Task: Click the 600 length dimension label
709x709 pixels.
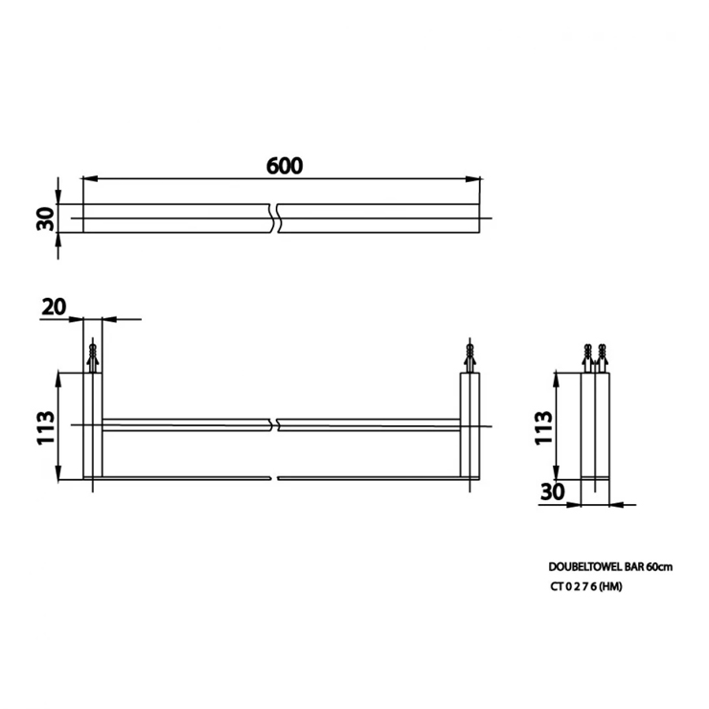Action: pyautogui.click(x=285, y=166)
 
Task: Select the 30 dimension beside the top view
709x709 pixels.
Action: pyautogui.click(x=46, y=218)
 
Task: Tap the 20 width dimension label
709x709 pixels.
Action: pyautogui.click(x=54, y=307)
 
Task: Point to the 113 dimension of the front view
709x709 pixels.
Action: pyautogui.click(x=46, y=427)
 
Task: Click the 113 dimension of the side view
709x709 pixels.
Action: pyautogui.click(x=543, y=427)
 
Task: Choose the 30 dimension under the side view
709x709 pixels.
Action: pyautogui.click(x=553, y=492)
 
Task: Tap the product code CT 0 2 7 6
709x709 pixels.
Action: pyautogui.click(x=574, y=586)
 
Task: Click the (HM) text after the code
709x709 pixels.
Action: pyautogui.click(x=611, y=586)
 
